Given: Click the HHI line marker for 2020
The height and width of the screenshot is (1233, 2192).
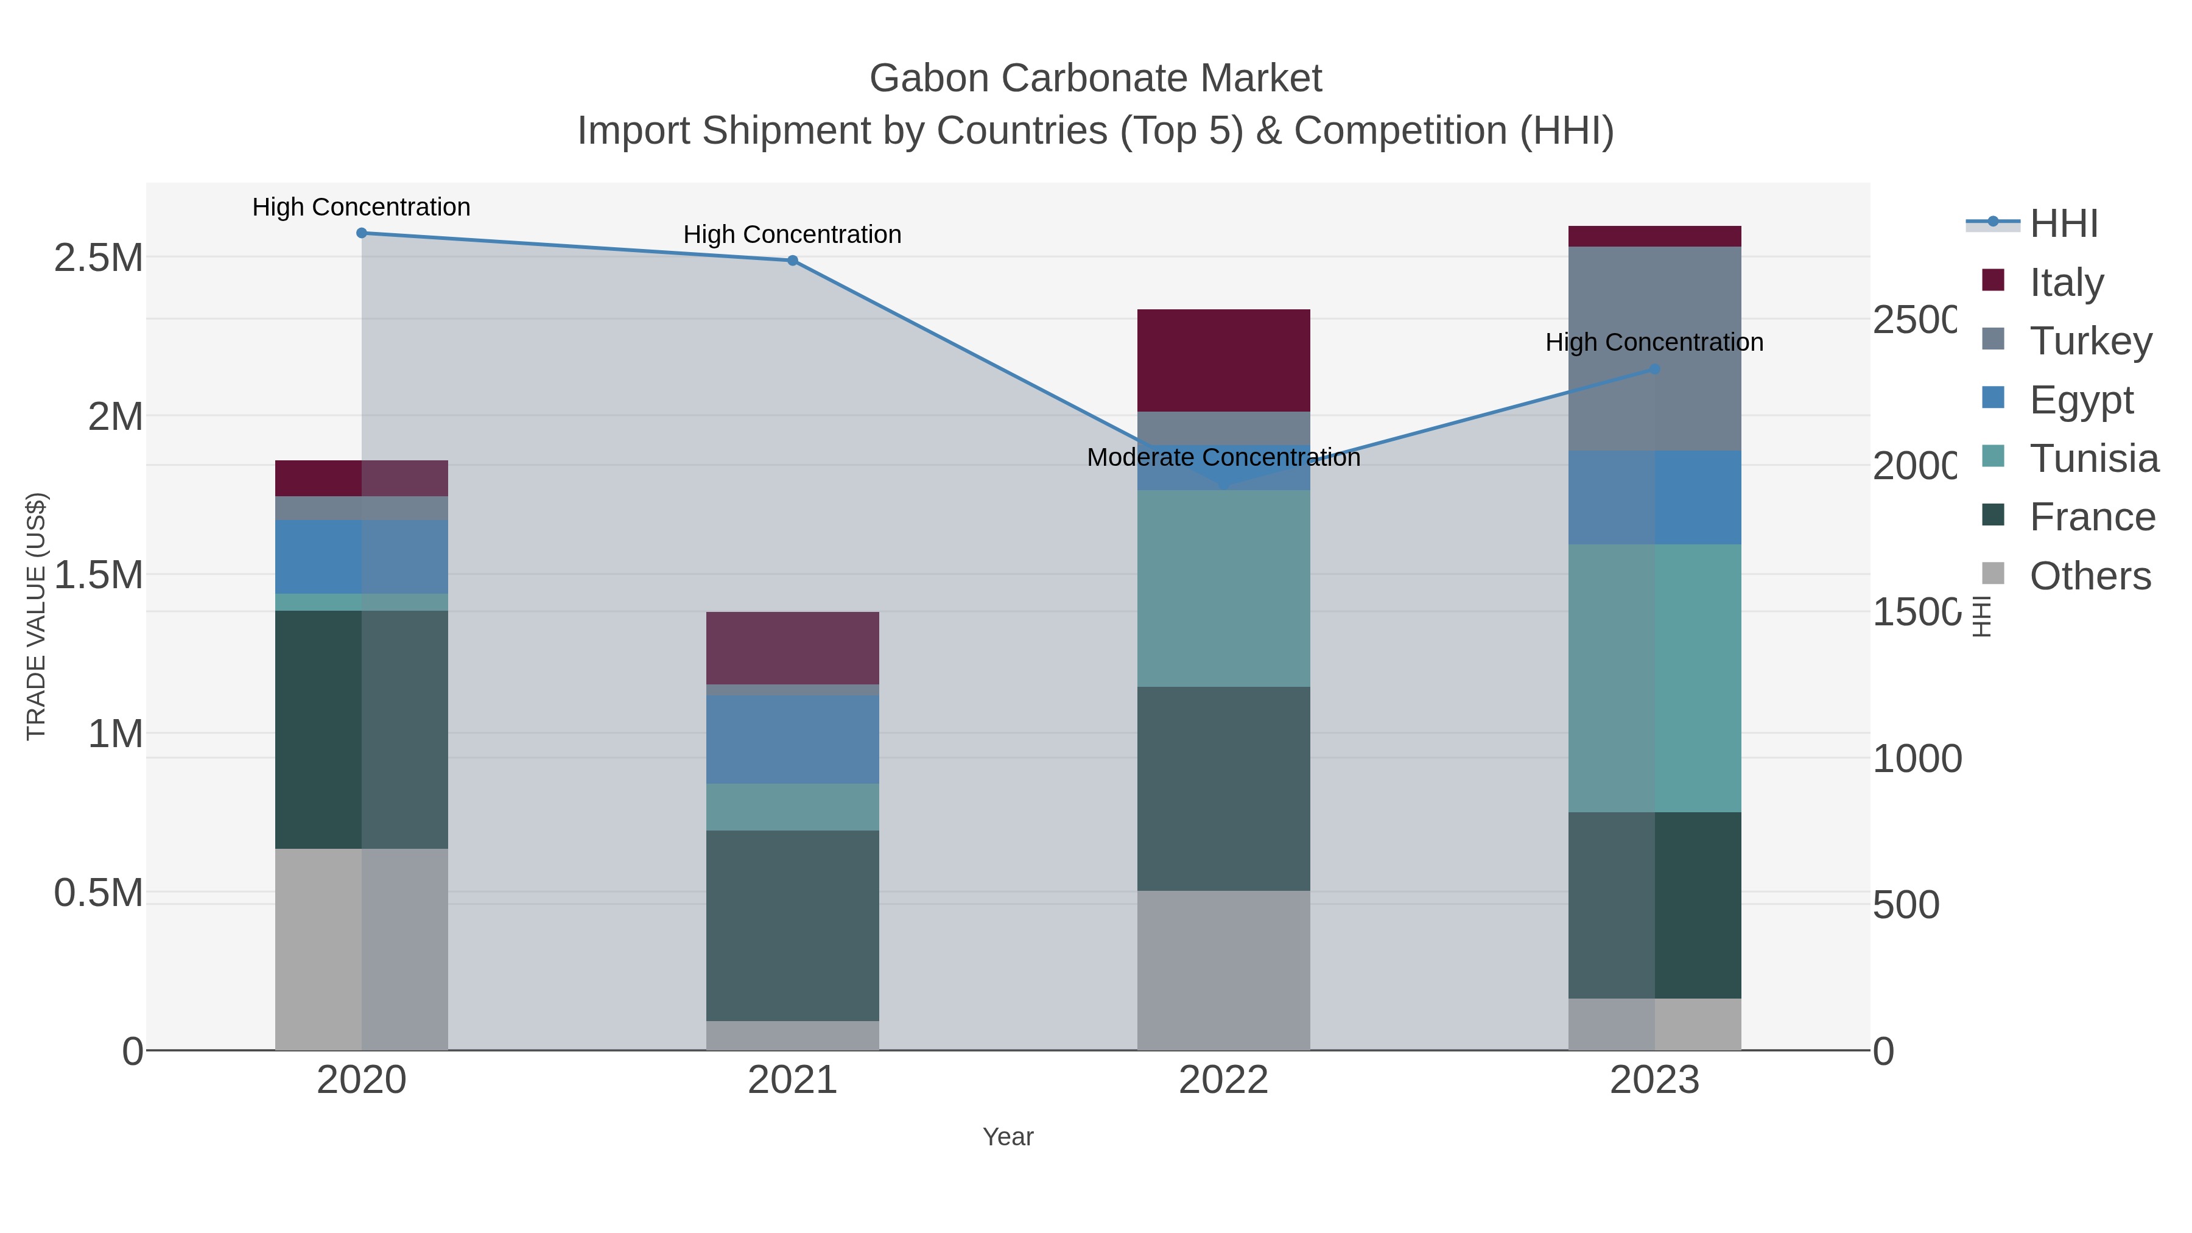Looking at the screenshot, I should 362,233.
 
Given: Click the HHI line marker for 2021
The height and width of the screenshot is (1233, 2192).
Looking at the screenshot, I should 792,261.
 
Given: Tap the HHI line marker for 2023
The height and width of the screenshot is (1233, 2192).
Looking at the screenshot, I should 1654,370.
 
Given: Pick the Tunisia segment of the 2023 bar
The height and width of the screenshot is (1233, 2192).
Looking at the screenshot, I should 1654,678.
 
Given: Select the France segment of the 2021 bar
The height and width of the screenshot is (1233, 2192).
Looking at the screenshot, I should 792,925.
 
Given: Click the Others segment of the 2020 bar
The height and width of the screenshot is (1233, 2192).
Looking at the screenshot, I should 362,949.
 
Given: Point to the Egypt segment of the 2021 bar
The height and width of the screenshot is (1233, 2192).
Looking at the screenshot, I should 792,739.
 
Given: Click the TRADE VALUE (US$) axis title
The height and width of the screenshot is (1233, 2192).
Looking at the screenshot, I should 37,616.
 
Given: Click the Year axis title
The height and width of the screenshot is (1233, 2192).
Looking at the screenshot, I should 1008,1137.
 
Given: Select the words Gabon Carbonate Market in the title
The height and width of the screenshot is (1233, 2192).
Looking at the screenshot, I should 1095,79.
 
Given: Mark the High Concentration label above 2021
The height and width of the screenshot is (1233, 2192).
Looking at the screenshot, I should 792,235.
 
